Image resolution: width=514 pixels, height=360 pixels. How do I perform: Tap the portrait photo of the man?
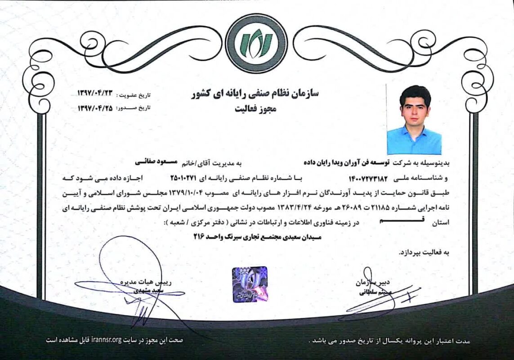click(x=414, y=119)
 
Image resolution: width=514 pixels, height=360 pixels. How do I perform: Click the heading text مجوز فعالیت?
click(x=255, y=108)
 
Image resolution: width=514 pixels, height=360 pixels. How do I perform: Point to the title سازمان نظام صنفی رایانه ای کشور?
click(x=255, y=94)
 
